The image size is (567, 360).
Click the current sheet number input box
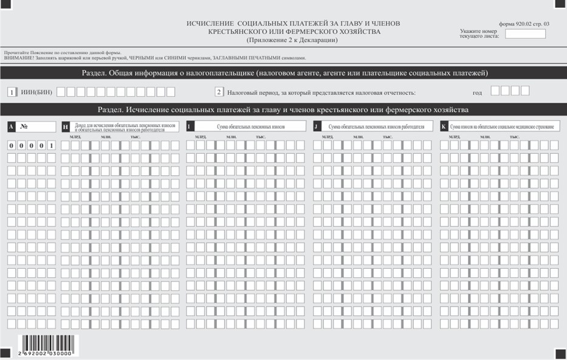[x=525, y=33]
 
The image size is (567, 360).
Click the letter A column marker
[x=12, y=126]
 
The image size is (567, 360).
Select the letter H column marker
[x=65, y=126]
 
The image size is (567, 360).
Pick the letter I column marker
[x=190, y=126]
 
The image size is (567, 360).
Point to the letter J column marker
[x=317, y=126]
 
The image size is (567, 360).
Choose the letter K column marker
[x=444, y=126]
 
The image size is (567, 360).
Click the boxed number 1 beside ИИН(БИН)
[x=12, y=92]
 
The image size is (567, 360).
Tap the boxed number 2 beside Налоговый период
[x=219, y=92]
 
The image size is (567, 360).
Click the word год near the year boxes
[x=478, y=93]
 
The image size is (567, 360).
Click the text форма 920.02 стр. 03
[x=523, y=23]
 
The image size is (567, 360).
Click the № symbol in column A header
[x=25, y=126]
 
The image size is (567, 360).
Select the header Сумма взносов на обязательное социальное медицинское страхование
[x=502, y=126]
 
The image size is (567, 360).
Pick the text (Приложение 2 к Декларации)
[x=292, y=40]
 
